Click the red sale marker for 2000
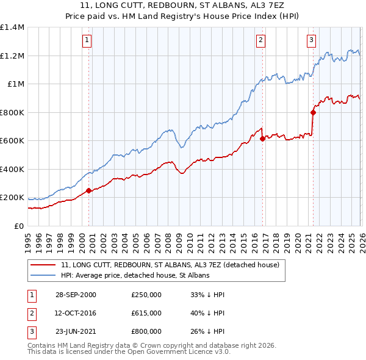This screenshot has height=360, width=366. coord(89,190)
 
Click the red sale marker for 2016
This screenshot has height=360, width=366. coord(262,139)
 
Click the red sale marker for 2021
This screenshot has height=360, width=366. coord(313,112)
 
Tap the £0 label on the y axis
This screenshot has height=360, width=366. coord(18,226)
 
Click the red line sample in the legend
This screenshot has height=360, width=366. coord(43,265)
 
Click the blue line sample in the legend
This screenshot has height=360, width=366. coord(43,276)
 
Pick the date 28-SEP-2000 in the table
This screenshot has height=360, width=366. coord(76,294)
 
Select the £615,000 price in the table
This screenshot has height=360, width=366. coord(146,312)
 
